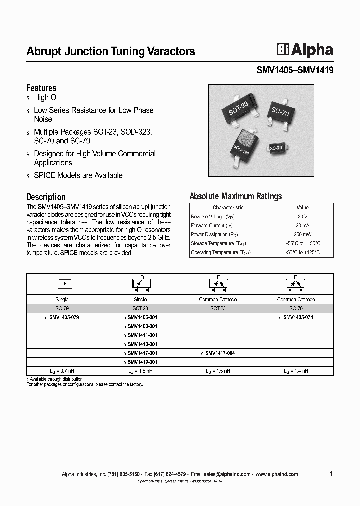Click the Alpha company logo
pos(305,50)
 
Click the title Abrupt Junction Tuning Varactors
pos(110,51)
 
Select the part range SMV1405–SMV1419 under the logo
pos(294,71)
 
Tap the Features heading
pos(41,88)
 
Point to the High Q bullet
pos(45,98)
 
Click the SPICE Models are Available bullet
pos(78,175)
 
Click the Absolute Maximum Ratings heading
pos(235,196)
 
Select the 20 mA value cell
pos(302,225)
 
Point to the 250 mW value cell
pos(302,234)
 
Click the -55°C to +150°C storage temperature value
pos(302,243)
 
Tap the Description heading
pos(46,197)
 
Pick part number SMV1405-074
pos(298,317)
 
